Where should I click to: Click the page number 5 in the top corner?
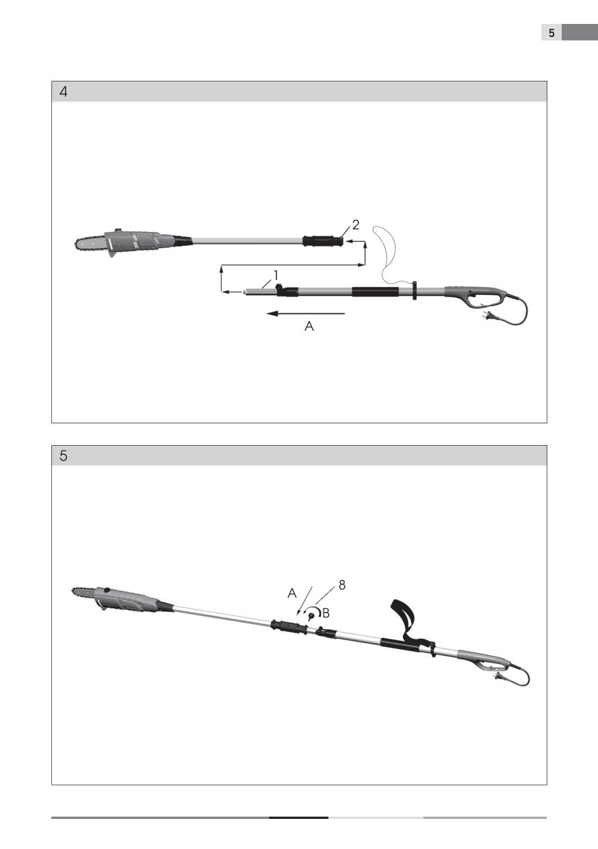point(551,33)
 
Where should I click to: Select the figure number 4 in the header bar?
point(64,92)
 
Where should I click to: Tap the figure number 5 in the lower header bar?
point(63,455)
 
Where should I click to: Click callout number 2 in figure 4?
point(356,225)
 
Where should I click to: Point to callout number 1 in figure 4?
point(276,275)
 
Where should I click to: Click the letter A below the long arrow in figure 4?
point(309,327)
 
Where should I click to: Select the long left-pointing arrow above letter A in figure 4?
point(306,314)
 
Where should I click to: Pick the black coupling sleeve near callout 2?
point(323,241)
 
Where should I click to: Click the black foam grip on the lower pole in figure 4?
point(376,292)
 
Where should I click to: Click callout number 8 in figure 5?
point(342,585)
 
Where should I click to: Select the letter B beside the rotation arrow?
point(326,613)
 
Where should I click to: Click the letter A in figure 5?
point(292,593)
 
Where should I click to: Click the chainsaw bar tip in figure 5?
point(73,590)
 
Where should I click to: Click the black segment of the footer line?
point(299,818)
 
